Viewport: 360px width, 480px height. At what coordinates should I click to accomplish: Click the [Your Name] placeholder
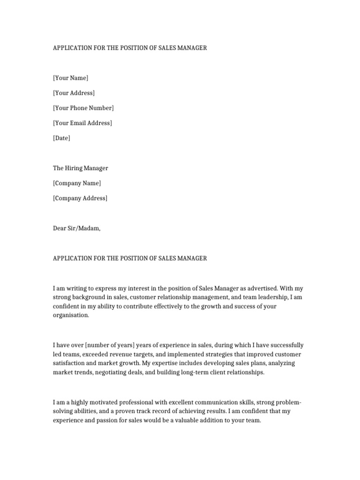[x=70, y=78]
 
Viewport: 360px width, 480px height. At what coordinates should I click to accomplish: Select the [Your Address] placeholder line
[x=74, y=93]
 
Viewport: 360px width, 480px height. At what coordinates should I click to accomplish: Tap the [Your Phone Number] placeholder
[x=83, y=108]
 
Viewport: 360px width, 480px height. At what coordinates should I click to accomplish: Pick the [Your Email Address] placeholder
[x=82, y=123]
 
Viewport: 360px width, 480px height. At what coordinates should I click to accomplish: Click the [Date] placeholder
[x=61, y=138]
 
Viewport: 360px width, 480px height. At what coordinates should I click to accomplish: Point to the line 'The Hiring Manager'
[x=80, y=168]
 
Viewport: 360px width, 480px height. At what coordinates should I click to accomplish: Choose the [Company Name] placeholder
[x=76, y=183]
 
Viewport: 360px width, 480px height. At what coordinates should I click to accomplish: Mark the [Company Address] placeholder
[x=80, y=198]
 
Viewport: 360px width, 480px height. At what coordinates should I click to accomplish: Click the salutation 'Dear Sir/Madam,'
[x=76, y=228]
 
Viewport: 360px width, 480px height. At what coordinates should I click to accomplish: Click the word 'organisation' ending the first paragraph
[x=70, y=315]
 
